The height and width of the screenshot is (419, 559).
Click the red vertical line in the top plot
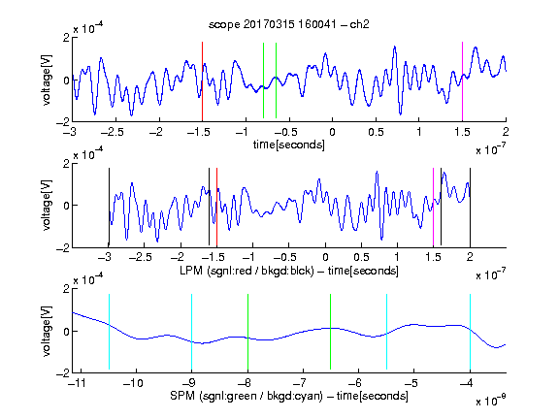click(202, 81)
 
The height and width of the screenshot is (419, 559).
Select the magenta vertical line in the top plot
click(462, 81)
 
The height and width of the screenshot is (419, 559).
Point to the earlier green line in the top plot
click(263, 81)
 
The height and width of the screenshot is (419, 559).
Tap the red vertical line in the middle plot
click(216, 207)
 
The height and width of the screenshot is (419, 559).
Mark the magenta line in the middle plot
click(433, 207)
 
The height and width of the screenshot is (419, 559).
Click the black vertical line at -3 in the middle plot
click(109, 207)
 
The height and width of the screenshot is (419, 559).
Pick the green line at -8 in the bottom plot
click(247, 332)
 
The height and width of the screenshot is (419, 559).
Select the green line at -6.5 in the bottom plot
click(331, 332)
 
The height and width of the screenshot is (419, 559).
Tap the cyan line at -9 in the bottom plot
click(191, 332)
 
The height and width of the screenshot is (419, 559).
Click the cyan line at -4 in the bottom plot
click(470, 332)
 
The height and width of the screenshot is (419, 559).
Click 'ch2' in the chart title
click(359, 24)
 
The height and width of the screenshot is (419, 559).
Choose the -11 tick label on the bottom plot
click(77, 383)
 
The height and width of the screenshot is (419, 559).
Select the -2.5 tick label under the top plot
click(112, 132)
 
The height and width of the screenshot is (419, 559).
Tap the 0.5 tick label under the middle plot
click(361, 257)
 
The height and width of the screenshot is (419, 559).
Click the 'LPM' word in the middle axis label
click(191, 271)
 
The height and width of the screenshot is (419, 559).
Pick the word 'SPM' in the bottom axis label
click(182, 396)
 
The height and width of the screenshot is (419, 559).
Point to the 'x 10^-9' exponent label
click(491, 401)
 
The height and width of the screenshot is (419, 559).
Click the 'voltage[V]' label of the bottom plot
click(47, 331)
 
